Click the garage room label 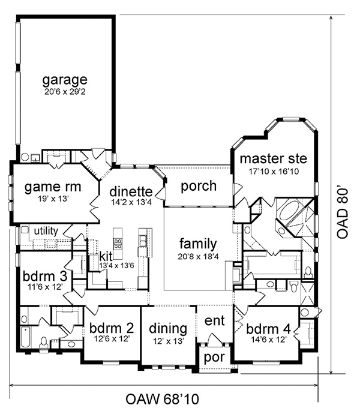65,80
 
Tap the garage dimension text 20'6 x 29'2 65,92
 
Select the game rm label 53,187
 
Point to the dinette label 131,191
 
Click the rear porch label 199,186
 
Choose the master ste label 274,158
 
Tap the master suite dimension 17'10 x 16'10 274,172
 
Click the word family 198,244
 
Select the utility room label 46,231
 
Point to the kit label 106,256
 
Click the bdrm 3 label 45,276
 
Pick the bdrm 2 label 112,328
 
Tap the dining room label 168,329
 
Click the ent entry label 214,320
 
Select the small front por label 214,358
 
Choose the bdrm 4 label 268,329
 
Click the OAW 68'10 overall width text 162,399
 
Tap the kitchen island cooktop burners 118,244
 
